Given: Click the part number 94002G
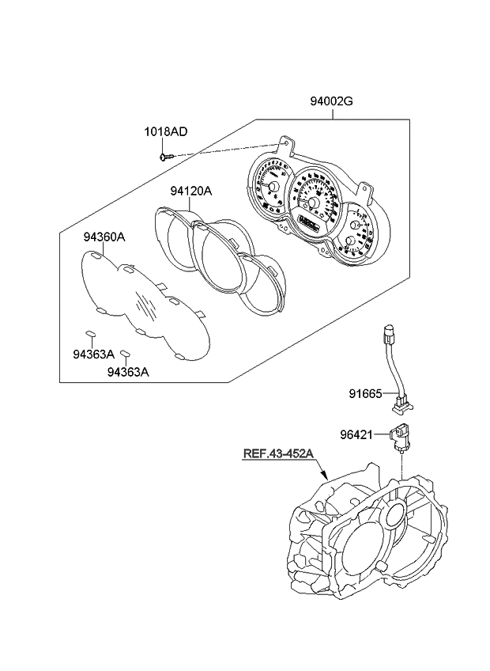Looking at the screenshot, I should point(332,101).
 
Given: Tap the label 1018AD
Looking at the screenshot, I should point(165,131).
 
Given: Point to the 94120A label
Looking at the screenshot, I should point(190,191).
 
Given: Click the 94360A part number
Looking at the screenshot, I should point(105,236).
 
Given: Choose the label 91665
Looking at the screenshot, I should point(366,393).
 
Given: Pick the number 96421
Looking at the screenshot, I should point(366,434).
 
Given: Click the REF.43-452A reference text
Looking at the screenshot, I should point(278,453).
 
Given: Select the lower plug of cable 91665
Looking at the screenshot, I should point(401,404).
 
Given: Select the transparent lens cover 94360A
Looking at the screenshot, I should point(146,305).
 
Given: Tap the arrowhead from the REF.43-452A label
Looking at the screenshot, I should point(325,477).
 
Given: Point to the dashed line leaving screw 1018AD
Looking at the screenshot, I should point(221,150).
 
